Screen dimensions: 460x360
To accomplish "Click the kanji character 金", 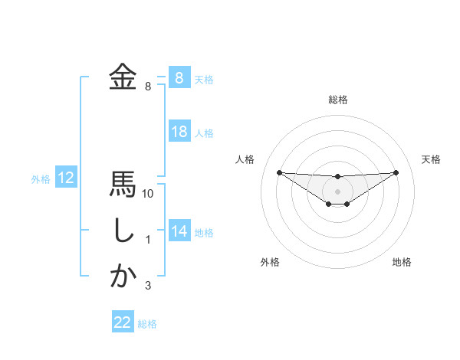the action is click(123, 77).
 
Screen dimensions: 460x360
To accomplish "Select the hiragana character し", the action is click(123, 231).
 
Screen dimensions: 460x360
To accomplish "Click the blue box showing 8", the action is click(179, 78).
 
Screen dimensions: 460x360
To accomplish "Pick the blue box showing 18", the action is click(179, 132).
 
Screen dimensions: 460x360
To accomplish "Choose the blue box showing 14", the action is click(179, 231).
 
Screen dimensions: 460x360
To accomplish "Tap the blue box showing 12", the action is click(66, 178).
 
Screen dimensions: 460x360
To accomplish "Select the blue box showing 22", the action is click(123, 322).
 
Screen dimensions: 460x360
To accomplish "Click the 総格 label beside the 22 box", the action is click(148, 324).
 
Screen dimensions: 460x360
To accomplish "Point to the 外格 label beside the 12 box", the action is click(41, 179).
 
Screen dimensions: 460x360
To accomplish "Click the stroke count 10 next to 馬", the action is click(148, 195).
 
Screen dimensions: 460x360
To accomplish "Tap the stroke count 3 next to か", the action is click(148, 286).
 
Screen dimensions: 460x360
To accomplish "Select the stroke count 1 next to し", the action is click(148, 241).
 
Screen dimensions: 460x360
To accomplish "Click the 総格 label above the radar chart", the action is click(337, 100).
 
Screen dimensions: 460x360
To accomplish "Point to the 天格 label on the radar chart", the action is click(432, 159).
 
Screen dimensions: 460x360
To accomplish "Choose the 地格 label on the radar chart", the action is click(402, 262).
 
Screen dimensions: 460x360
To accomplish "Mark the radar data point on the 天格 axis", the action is click(396, 172).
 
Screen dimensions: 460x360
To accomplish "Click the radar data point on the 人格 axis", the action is click(279, 172).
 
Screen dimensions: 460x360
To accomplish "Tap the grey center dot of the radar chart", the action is click(337, 191).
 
